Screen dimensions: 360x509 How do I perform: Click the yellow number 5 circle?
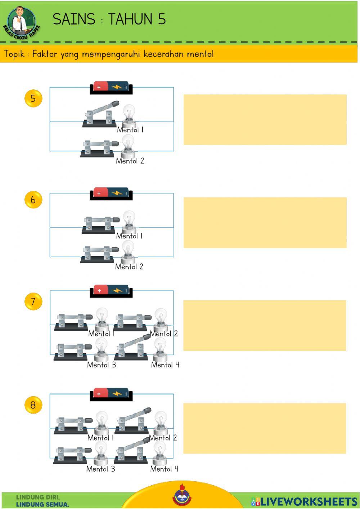click(x=33, y=98)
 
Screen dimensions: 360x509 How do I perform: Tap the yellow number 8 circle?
click(x=33, y=405)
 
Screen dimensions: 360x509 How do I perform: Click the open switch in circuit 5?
click(x=100, y=114)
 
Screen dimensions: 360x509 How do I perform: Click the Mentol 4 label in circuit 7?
click(x=165, y=365)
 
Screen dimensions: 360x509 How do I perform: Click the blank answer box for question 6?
click(x=265, y=223)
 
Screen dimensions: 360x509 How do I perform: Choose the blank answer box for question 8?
click(x=265, y=428)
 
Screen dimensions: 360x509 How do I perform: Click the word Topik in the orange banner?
click(x=14, y=54)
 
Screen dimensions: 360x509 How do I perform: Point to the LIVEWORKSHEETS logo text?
click(x=304, y=502)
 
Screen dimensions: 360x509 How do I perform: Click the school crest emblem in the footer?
click(x=182, y=497)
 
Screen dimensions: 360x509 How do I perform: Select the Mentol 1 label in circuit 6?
click(x=129, y=236)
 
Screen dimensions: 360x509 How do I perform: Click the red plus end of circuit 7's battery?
click(x=100, y=291)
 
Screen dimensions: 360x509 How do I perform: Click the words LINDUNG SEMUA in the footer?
click(x=42, y=504)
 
